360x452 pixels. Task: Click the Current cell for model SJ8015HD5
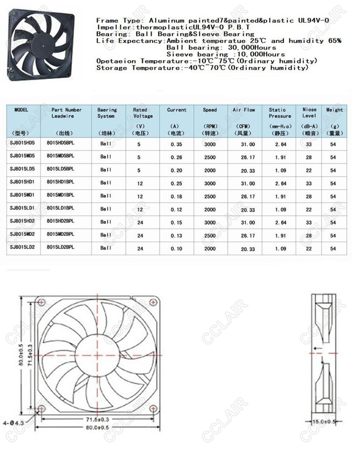pyautogui.click(x=177, y=145)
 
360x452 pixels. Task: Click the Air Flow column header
pyautogui.click(x=244, y=110)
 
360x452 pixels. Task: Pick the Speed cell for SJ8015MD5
pyautogui.click(x=210, y=158)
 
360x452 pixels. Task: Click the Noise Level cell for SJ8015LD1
pyautogui.click(x=309, y=210)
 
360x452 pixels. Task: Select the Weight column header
pyautogui.click(x=334, y=110)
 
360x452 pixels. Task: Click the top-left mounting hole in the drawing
pyautogui.click(x=41, y=302)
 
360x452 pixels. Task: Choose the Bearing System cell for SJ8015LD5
pyautogui.click(x=106, y=170)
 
